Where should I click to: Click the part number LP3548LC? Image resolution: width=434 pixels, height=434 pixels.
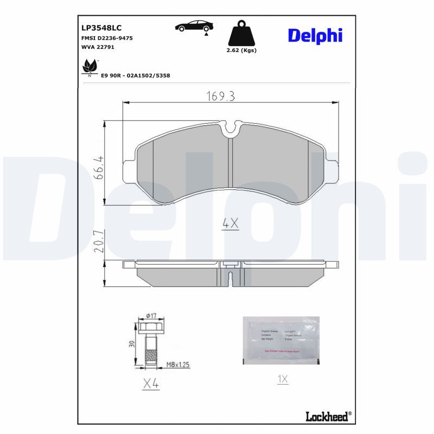click(101, 28)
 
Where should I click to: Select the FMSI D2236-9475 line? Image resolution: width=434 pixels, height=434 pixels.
click(107, 39)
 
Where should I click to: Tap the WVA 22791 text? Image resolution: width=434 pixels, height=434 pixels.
click(97, 47)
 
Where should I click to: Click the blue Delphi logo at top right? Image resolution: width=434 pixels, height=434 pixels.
click(315, 35)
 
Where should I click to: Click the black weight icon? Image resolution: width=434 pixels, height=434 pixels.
click(241, 34)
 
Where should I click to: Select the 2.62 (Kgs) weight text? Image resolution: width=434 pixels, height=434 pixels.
click(241, 50)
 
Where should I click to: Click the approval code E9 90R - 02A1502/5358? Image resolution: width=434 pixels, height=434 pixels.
click(136, 75)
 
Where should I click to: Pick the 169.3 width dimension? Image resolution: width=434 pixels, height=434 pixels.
click(220, 97)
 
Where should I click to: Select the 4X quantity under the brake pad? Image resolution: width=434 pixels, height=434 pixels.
click(231, 222)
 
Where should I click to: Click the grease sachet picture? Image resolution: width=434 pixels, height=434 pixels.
click(280, 340)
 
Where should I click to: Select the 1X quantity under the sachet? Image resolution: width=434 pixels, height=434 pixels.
click(282, 379)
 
